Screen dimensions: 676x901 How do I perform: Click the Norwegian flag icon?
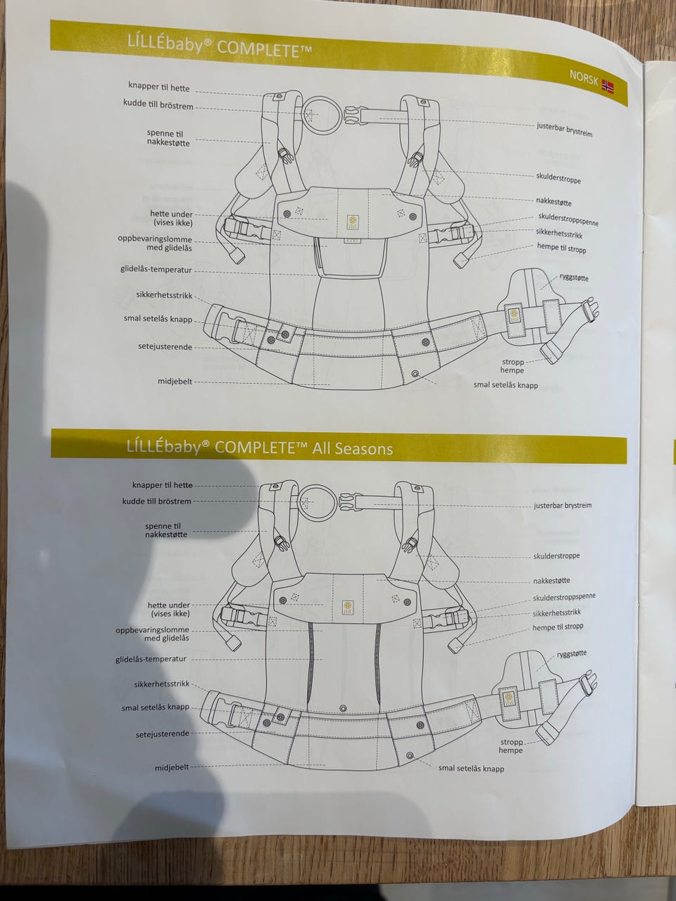[x=608, y=86]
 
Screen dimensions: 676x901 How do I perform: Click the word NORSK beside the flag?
[x=584, y=78]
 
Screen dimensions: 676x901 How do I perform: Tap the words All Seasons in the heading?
[x=353, y=448]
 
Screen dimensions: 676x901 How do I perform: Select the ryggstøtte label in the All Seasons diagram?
[x=572, y=653]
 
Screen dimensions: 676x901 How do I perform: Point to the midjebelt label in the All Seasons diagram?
[x=172, y=767]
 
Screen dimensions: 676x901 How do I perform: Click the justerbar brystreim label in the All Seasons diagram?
[x=563, y=505]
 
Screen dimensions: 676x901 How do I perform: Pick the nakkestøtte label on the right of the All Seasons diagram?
[x=551, y=581]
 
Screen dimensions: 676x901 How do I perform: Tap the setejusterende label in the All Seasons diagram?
[x=163, y=734]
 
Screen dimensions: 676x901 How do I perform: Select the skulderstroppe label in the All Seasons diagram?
[x=556, y=556]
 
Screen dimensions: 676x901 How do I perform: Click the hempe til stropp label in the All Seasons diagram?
[x=558, y=628]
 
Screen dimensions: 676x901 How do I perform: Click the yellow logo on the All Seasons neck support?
[x=348, y=609]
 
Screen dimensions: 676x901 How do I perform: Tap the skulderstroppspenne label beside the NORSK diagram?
[x=568, y=220]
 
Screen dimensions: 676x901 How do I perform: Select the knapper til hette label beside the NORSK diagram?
[x=159, y=87]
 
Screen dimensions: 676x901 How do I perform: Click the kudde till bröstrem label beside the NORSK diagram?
[x=158, y=104]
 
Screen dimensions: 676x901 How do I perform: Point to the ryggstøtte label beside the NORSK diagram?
[x=574, y=278]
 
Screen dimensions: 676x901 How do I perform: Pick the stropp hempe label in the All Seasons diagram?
[x=511, y=746]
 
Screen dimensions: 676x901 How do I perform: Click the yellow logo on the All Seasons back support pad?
[x=508, y=698]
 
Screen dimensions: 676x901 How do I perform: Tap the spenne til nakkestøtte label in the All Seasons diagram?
[x=166, y=530]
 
